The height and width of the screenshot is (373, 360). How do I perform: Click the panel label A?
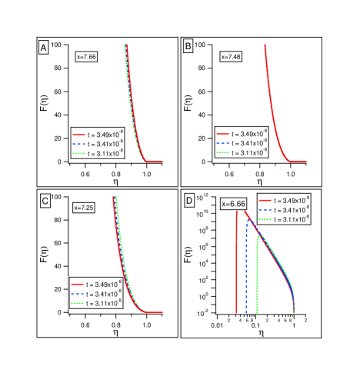point(44,48)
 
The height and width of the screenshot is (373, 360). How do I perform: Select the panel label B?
point(188,47)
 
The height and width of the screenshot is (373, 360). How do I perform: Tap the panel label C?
point(45,201)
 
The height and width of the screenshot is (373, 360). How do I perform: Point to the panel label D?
point(189,200)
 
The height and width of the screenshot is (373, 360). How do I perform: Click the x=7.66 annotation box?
point(86,56)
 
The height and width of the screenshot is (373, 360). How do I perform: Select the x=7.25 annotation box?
point(84,208)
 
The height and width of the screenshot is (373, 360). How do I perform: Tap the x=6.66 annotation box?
point(233,203)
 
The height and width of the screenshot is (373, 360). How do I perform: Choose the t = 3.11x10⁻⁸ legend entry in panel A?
point(98,153)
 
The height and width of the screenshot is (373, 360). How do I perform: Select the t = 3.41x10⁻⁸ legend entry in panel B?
point(242,143)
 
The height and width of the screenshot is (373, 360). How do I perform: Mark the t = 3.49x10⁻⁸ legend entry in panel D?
point(284,200)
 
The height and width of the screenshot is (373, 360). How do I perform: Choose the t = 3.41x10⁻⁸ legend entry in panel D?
point(284,209)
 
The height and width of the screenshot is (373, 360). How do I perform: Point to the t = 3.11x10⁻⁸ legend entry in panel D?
point(284,219)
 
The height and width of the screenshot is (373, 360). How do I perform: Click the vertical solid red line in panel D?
point(237,261)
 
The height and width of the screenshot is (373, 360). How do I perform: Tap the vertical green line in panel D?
point(257,285)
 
